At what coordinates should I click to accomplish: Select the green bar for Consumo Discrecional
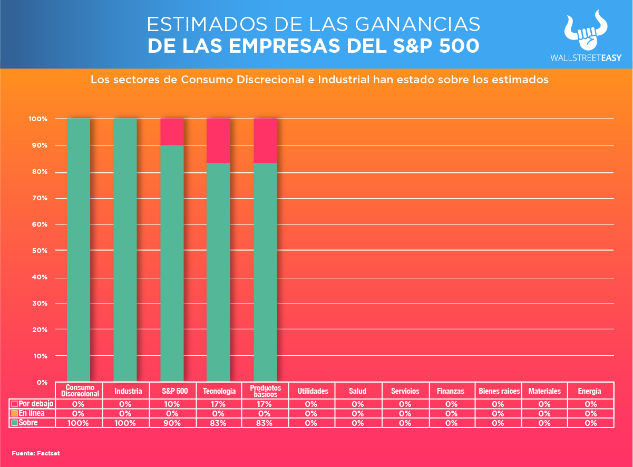79,250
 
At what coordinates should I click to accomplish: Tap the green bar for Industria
125,250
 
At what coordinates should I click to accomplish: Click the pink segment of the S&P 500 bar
172,132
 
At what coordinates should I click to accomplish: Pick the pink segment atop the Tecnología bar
218,141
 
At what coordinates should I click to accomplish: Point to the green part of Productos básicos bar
265,271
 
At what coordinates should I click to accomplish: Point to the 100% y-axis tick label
39,119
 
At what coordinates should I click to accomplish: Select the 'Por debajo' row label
32,404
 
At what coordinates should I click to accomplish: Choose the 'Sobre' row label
28,423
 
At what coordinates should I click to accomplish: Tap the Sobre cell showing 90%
172,423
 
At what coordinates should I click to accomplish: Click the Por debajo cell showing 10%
172,404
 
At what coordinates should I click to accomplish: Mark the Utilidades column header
313,391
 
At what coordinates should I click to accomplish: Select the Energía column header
589,391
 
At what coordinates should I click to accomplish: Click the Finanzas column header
451,391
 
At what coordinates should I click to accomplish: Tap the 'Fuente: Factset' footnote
36,453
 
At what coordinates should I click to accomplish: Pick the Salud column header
358,391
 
